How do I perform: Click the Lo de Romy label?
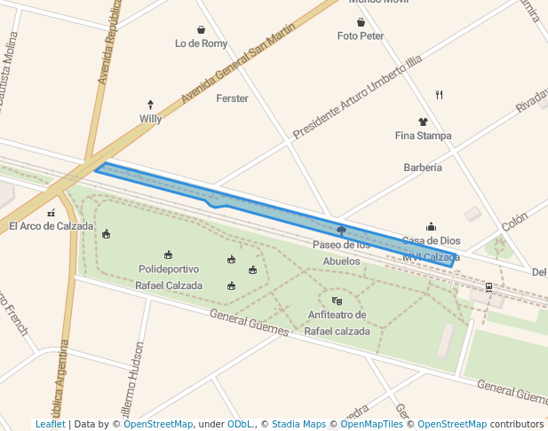tap(201, 43)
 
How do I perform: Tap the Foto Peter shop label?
tap(361, 35)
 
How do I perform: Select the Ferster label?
tap(232, 98)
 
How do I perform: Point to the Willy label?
tap(150, 118)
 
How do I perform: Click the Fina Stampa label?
tap(423, 136)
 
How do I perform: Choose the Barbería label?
tap(423, 167)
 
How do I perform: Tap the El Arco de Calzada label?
tap(51, 226)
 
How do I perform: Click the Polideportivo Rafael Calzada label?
tap(169, 277)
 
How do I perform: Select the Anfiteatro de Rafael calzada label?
tap(337, 323)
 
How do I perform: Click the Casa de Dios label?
tap(431, 240)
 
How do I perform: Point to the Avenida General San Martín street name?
tap(237, 75)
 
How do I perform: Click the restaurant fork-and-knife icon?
tap(439, 94)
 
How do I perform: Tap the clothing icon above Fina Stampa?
tap(423, 121)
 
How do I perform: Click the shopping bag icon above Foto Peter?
tap(361, 22)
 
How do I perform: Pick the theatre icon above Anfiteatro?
tap(337, 302)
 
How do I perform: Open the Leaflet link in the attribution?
tap(50, 424)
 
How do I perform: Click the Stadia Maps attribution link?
tap(297, 424)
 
